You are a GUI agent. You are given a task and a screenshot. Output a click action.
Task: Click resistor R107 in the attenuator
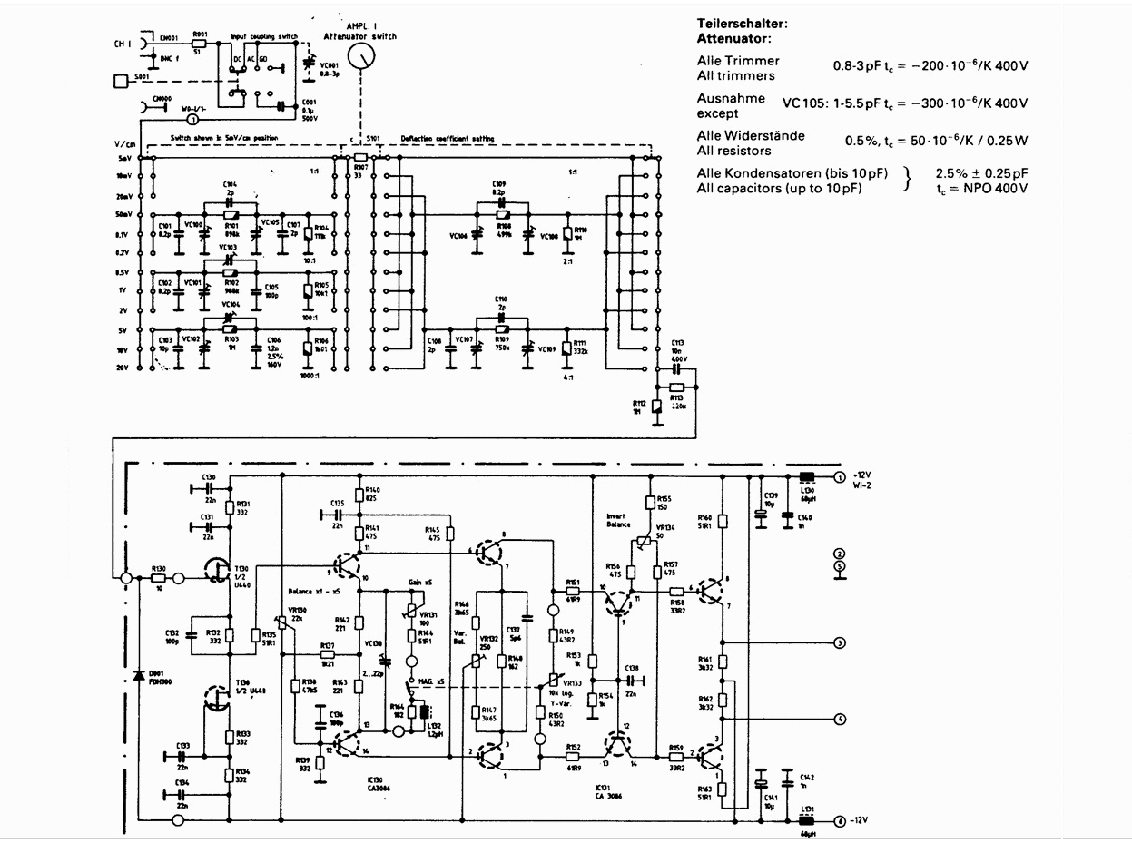[360, 157]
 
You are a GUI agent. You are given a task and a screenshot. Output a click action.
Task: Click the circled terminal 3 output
[841, 642]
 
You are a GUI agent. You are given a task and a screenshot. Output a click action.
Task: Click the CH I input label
[124, 42]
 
